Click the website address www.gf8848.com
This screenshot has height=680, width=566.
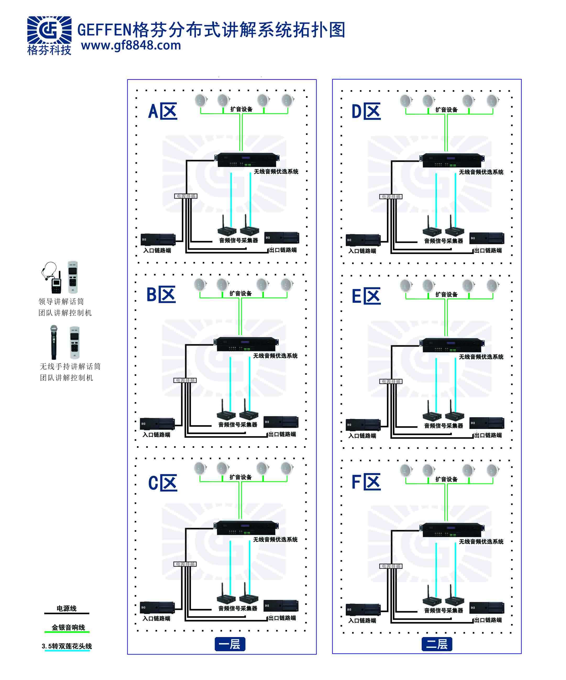[x=131, y=46]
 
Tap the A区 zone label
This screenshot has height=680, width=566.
[x=163, y=112]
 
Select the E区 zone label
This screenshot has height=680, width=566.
[x=366, y=296]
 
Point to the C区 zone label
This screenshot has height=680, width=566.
[x=163, y=483]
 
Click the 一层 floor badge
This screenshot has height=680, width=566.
[x=230, y=644]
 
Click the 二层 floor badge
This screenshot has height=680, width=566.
[x=437, y=644]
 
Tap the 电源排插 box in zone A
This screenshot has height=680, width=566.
[x=186, y=196]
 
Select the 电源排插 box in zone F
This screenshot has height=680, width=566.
[x=391, y=566]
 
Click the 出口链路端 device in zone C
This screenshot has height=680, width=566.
[x=281, y=605]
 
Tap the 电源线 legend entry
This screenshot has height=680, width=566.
[x=67, y=609]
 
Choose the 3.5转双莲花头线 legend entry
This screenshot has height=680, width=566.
[x=67, y=646]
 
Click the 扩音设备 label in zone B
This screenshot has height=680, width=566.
[x=240, y=293]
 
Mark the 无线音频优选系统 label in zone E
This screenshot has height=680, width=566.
[x=481, y=357]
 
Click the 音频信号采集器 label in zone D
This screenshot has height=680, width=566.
[x=443, y=241]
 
